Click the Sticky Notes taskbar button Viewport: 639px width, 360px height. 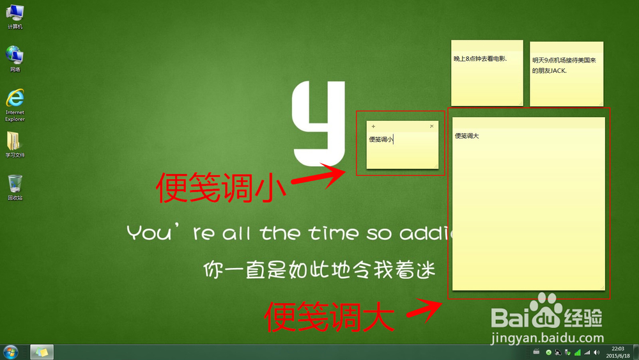(x=42, y=352)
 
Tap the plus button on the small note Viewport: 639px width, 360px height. (x=373, y=127)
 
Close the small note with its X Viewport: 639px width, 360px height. (x=432, y=127)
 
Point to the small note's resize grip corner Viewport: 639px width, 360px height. (x=436, y=166)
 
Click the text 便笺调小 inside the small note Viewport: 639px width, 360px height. (x=381, y=139)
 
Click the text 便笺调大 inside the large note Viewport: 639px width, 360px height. (x=467, y=136)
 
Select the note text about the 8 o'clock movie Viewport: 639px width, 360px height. (x=480, y=59)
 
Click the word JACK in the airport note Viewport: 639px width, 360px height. (x=558, y=70)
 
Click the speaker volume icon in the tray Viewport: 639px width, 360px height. (x=596, y=352)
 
